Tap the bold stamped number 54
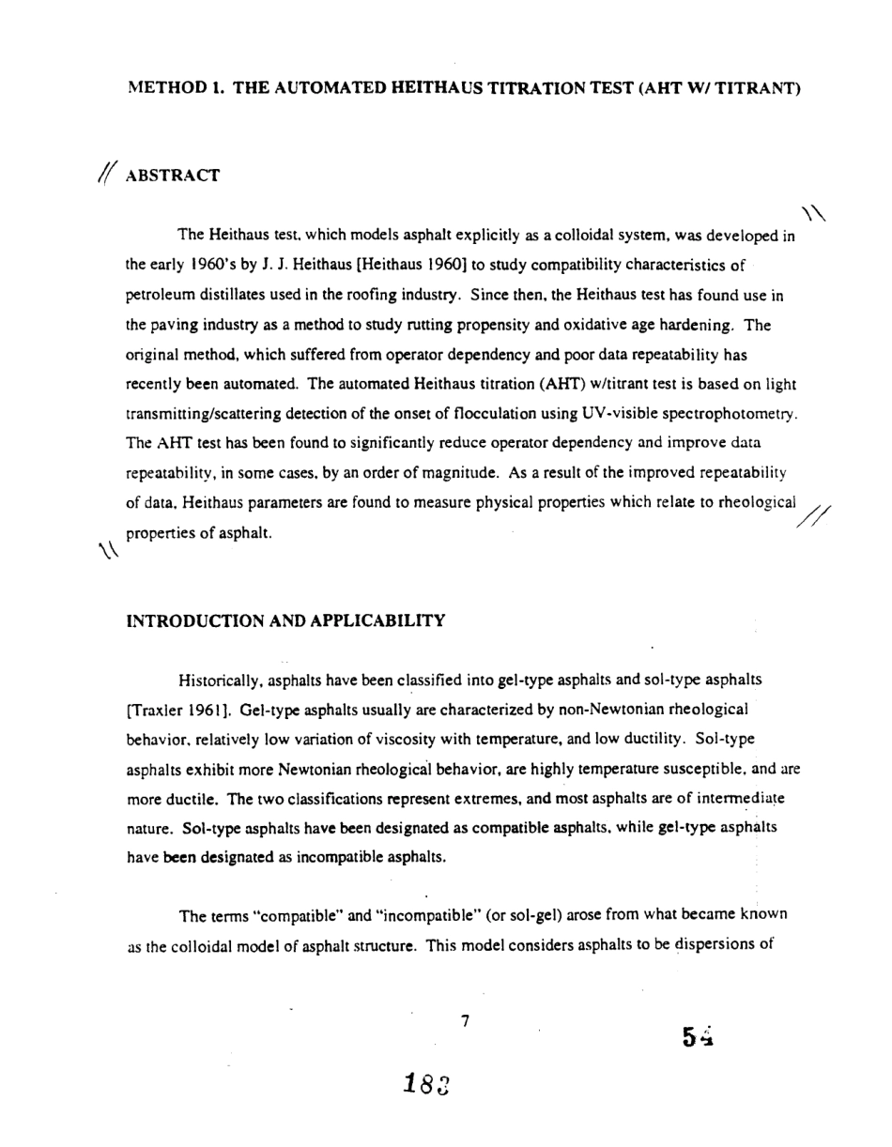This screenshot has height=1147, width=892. [700, 1036]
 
